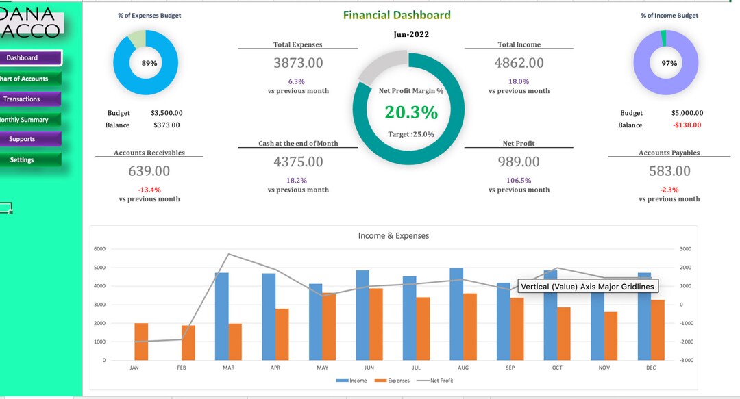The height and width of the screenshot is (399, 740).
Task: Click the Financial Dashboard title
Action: tap(397, 15)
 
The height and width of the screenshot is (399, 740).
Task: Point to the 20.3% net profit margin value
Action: tap(411, 113)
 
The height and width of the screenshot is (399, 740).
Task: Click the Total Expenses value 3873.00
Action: tap(298, 63)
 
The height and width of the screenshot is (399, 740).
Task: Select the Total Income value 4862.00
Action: tap(519, 63)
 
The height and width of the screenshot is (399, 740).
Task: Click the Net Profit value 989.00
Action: tap(519, 162)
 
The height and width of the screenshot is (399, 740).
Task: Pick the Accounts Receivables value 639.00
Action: tap(149, 171)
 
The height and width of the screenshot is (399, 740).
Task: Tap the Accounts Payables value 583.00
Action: tap(669, 171)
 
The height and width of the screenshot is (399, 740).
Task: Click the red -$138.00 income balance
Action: tap(687, 125)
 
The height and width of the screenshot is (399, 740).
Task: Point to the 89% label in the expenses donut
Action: tap(149, 63)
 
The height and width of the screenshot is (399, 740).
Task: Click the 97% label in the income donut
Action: tap(669, 63)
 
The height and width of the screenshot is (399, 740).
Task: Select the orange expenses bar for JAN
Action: tap(141, 342)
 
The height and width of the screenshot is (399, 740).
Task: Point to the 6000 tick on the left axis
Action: tap(100, 249)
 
